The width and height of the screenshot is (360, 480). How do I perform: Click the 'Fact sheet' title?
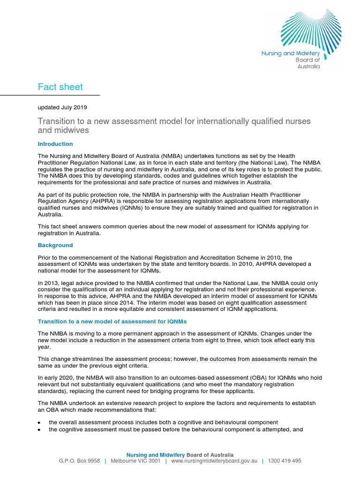click(x=60, y=87)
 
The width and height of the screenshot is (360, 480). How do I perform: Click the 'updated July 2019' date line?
click(x=62, y=107)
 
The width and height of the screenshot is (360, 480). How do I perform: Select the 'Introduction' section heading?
click(x=55, y=144)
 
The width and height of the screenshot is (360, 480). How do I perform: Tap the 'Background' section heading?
click(x=55, y=245)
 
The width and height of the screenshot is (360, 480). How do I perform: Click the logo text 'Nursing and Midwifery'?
click(x=290, y=53)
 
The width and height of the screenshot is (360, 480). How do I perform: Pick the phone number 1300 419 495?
click(x=285, y=461)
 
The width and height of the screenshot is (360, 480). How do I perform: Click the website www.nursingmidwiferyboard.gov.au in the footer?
click(x=215, y=461)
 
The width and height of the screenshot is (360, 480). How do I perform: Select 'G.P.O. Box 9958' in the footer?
click(x=79, y=461)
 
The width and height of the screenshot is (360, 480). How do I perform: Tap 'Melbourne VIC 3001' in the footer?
click(x=135, y=461)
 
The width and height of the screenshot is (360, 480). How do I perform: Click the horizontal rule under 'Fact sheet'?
click(x=50, y=95)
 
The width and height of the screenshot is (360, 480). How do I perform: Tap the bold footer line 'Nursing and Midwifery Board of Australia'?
click(x=180, y=455)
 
